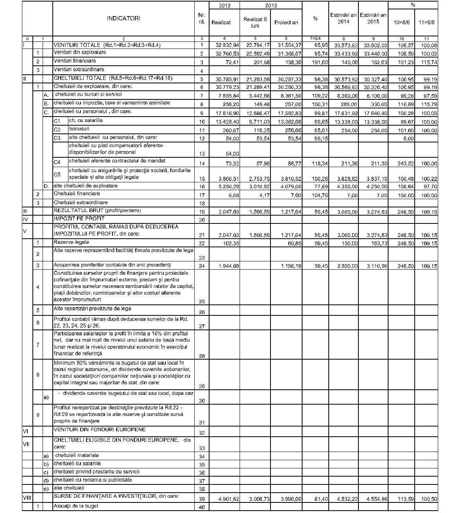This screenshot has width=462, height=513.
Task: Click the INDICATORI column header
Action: coord(124,18)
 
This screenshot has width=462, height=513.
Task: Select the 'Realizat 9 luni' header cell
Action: coord(255,22)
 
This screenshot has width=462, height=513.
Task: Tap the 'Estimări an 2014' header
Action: coord(343,18)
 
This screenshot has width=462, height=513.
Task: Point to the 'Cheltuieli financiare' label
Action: coord(77,194)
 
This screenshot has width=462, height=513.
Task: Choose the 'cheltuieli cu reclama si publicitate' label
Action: coord(93,480)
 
